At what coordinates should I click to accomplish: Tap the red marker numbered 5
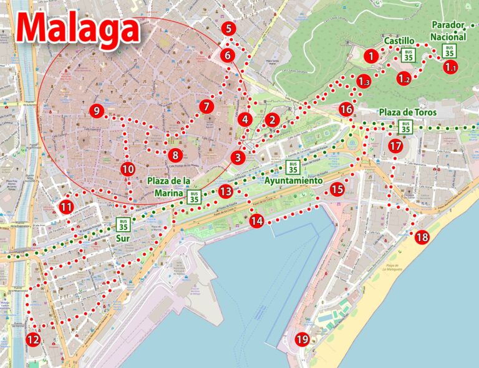click(228, 28)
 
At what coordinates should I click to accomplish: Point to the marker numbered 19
click(302, 339)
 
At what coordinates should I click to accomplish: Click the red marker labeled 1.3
click(364, 81)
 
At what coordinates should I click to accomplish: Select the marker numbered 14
click(256, 220)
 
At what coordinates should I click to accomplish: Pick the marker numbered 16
click(347, 109)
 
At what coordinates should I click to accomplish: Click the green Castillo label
click(399, 41)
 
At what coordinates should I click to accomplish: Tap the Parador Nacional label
click(448, 31)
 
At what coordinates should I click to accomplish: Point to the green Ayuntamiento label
click(293, 180)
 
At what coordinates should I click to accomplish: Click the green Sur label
click(122, 238)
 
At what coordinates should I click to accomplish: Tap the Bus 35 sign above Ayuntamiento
click(291, 167)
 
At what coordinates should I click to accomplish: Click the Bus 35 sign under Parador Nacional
click(448, 51)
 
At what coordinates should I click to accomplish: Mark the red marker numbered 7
click(206, 107)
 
